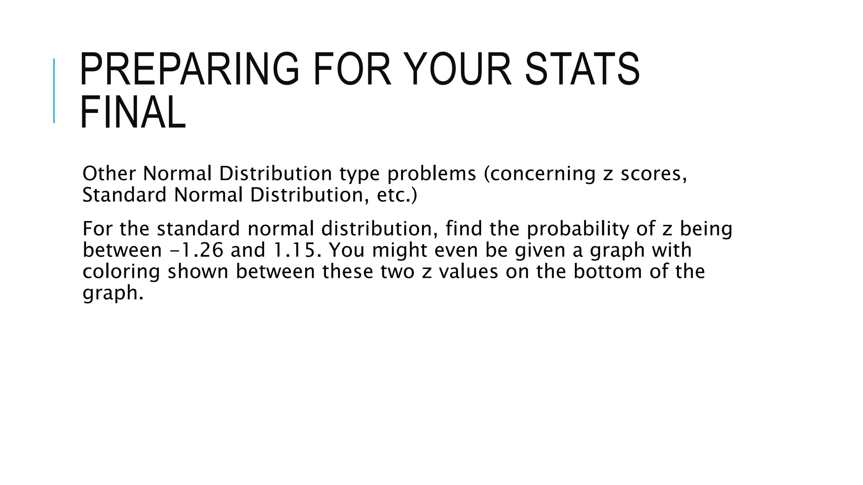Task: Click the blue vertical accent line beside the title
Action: click(x=54, y=91)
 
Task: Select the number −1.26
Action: click(x=196, y=250)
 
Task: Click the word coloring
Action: click(x=121, y=272)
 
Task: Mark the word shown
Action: click(x=198, y=272)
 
